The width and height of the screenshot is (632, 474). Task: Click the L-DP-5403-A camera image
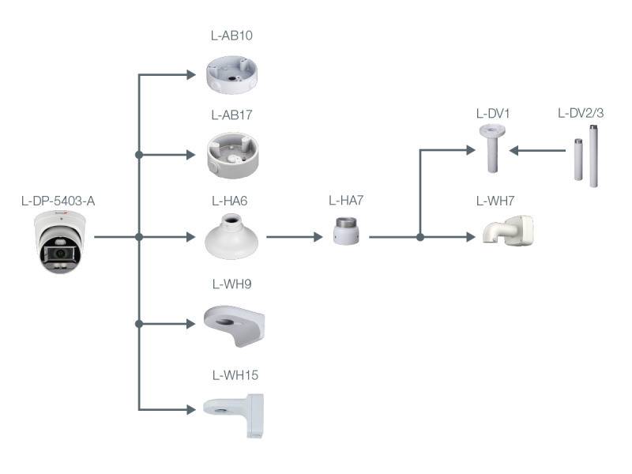[62, 242]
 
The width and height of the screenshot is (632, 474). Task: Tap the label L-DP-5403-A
[58, 201]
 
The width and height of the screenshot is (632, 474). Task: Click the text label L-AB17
[231, 115]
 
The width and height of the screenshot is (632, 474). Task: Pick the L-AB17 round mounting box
[231, 154]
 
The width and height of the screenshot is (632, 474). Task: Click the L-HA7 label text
[346, 201]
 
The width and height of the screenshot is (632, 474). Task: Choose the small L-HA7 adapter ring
[346, 232]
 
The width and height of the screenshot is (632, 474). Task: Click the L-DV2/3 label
[581, 113]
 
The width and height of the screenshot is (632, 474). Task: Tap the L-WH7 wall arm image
[507, 231]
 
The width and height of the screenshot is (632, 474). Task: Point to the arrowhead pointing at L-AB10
[190, 75]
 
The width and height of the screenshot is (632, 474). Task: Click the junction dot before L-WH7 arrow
[420, 236]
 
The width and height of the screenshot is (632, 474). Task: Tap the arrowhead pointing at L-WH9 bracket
[190, 323]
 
